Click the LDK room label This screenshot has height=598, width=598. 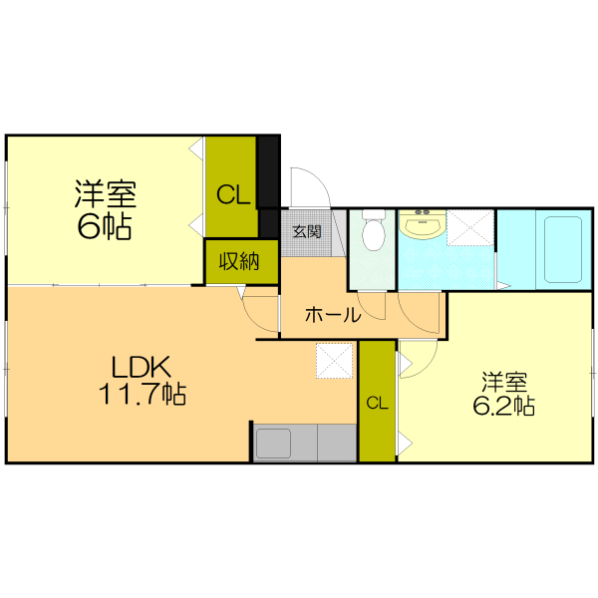click(x=142, y=366)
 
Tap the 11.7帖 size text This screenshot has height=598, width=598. click(x=142, y=395)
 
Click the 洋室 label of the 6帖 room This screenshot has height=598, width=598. click(x=104, y=192)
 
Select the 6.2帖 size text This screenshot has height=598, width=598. click(x=503, y=406)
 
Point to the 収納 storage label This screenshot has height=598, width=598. click(x=239, y=263)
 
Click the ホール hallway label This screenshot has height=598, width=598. click(x=332, y=315)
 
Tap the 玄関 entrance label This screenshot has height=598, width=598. click(x=306, y=233)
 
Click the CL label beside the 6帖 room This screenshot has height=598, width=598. click(x=234, y=195)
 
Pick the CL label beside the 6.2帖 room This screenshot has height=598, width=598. click(x=377, y=403)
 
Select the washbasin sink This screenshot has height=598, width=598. click(x=423, y=227)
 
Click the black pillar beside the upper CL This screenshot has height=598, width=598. click(x=268, y=171)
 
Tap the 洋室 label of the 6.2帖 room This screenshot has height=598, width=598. click(x=503, y=382)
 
